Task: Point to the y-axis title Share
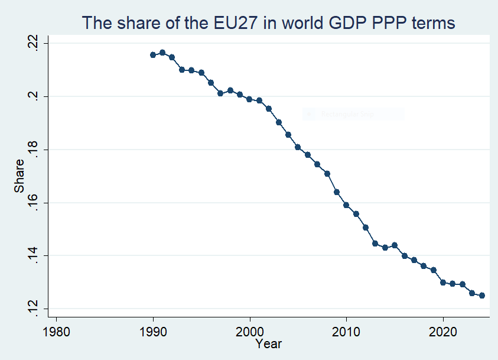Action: click(x=19, y=176)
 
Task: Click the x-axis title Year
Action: click(x=269, y=343)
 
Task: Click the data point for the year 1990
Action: click(x=153, y=55)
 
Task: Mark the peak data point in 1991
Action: click(x=162, y=53)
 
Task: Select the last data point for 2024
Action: click(x=481, y=296)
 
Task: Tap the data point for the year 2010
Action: click(x=346, y=205)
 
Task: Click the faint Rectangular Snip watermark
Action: click(x=353, y=114)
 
